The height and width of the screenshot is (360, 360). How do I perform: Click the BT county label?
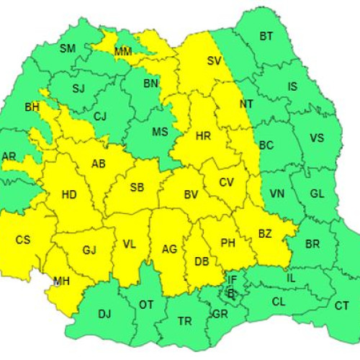coord(266,36)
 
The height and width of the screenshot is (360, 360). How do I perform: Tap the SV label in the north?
coord(214,61)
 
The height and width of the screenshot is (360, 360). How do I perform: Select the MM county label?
coord(123,51)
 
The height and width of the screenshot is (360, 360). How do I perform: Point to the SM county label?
coord(67,48)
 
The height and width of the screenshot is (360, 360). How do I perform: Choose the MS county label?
coord(160,131)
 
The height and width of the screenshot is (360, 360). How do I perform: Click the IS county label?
coord(292,86)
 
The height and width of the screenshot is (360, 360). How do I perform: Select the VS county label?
coord(316,138)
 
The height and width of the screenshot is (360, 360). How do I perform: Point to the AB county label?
coord(98,163)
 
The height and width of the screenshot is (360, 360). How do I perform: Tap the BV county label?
coord(191,194)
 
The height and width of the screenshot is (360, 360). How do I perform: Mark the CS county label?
coord(23,239)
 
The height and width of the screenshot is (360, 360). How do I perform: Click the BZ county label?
coord(265,234)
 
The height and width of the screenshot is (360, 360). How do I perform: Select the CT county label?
coord(342,305)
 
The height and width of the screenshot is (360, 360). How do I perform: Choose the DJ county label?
coord(104,313)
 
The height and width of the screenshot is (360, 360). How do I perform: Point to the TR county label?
coord(184,320)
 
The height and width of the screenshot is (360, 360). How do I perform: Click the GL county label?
coord(317,193)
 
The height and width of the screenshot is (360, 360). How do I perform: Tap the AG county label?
coord(169,249)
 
